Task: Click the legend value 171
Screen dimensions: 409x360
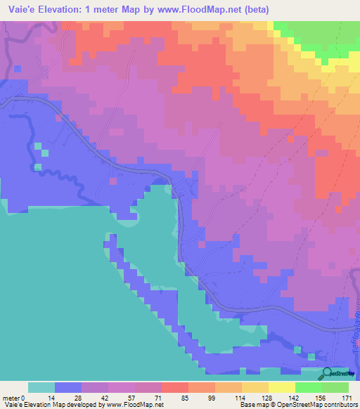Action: (x=347, y=397)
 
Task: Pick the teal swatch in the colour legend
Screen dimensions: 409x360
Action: (x=41, y=387)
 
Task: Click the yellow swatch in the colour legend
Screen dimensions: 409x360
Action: (x=282, y=387)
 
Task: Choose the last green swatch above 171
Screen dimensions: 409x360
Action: (x=335, y=387)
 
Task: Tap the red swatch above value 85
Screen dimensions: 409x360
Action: (x=175, y=387)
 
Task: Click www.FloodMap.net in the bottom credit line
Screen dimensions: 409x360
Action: (x=134, y=405)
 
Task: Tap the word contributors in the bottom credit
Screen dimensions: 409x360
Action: (x=341, y=405)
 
